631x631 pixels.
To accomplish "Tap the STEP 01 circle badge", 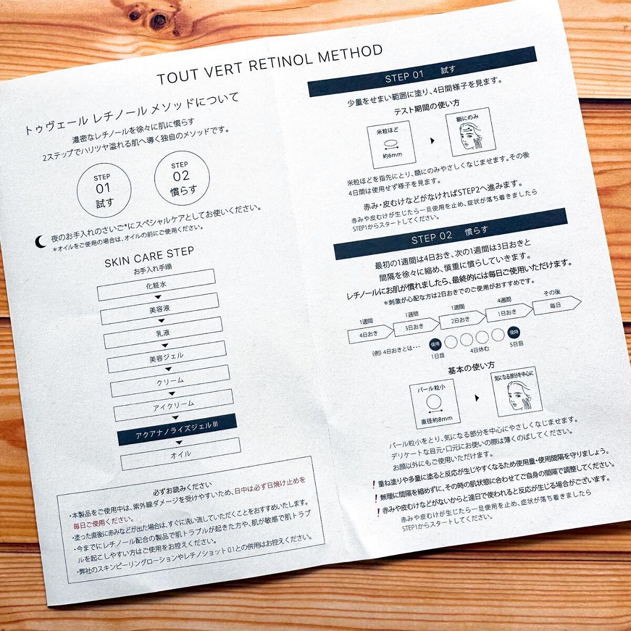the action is [104, 190].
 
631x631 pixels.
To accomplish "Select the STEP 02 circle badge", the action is [182, 178].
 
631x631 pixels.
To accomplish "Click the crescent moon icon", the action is [40, 242].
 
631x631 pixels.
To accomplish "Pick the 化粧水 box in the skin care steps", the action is [156, 285].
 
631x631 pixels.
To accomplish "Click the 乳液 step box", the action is [164, 333].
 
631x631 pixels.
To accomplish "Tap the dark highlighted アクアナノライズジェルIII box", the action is [177, 429].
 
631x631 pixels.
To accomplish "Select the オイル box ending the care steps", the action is [181, 454].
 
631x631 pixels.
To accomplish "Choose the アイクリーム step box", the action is [174, 405].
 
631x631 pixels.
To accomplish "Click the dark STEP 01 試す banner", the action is [422, 72].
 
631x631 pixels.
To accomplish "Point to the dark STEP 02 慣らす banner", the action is [450, 234].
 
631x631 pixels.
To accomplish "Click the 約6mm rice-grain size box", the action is [391, 144].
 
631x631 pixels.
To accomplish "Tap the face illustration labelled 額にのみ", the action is [471, 132].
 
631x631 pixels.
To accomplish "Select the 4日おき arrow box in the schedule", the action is [371, 334].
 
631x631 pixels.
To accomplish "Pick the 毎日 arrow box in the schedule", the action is [557, 305].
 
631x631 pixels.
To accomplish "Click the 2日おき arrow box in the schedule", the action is [462, 320].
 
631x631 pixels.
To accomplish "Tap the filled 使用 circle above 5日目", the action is [513, 332].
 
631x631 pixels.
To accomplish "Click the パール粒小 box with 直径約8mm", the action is [434, 404].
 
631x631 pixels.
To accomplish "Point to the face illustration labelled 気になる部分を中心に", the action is [518, 392].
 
